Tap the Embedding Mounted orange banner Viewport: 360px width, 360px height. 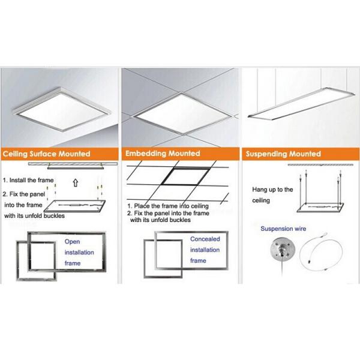(x=180, y=154)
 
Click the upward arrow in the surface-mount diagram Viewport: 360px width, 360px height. (x=74, y=183)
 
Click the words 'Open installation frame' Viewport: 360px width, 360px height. (x=80, y=253)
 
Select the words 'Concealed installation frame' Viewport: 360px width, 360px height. (x=205, y=250)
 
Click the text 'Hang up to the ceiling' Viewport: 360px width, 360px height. (x=272, y=196)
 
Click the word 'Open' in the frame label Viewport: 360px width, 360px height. (x=72, y=242)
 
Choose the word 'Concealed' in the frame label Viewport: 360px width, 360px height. (x=205, y=239)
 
